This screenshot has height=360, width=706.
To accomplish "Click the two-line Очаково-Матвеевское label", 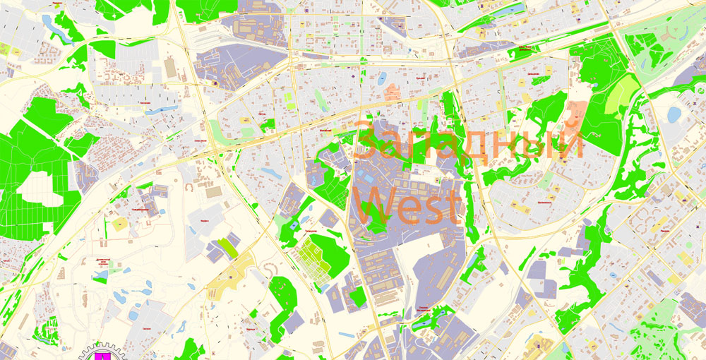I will click(423, 308).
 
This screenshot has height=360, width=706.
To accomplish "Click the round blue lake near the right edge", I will click(674, 113).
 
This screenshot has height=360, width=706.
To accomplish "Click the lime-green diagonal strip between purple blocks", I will click(227, 247).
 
